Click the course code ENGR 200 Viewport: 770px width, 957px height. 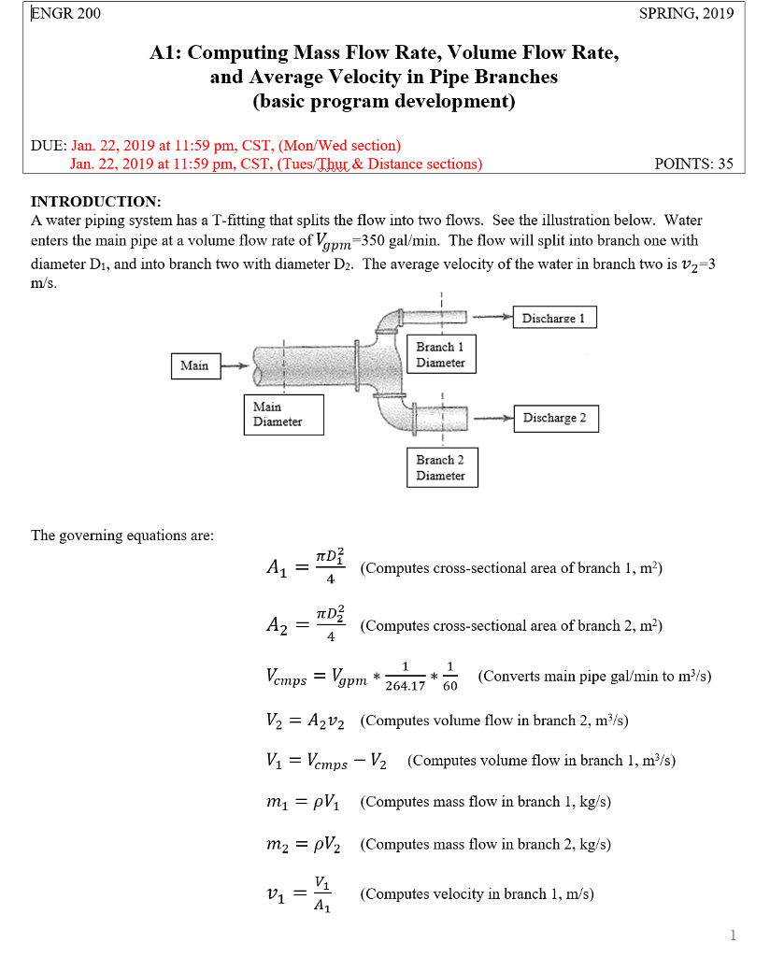tap(66, 13)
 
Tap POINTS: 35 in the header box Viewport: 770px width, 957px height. tap(694, 164)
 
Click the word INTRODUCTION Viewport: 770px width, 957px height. tap(96, 202)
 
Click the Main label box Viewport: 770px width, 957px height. tap(194, 364)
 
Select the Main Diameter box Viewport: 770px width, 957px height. tap(283, 414)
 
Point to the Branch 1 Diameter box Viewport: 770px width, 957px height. tap(441, 354)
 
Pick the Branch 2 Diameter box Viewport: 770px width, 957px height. tap(441, 467)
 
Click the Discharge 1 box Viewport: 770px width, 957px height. tap(554, 318)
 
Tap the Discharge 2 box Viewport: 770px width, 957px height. tap(555, 418)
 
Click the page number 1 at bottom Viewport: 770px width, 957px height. tap(733, 935)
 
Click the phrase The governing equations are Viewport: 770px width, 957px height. tap(122, 536)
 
